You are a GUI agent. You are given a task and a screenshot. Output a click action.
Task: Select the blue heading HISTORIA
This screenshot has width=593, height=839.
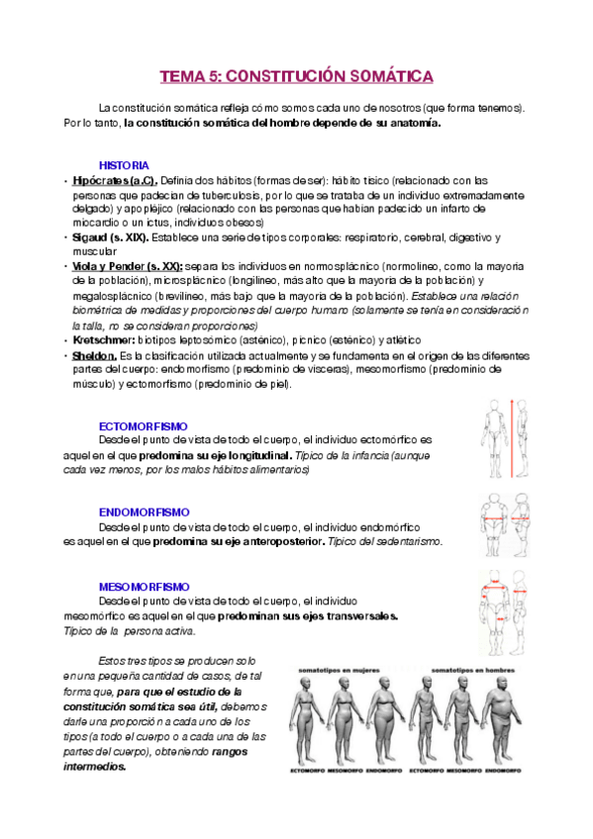pos(124,164)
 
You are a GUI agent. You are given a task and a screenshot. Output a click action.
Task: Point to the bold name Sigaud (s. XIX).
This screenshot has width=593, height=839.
pos(109,237)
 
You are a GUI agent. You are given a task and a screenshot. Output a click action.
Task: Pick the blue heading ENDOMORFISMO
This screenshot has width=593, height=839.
pos(145,512)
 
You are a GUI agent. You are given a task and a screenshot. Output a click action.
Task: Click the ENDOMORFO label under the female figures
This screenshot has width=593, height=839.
pos(385,769)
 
